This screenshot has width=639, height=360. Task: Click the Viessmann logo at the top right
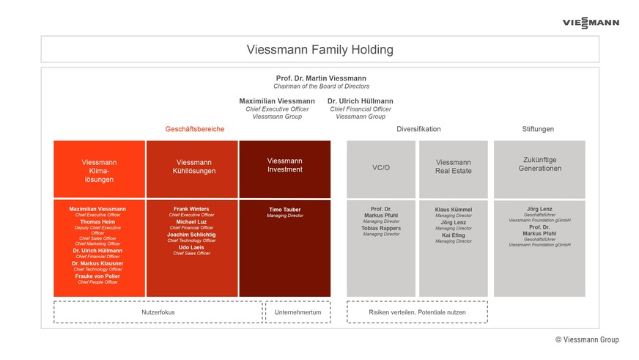[590, 23]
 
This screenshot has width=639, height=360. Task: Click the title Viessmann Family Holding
[319, 50]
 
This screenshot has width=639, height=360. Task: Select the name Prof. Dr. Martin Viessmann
[321, 78]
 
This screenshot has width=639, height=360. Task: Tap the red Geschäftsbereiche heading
[194, 129]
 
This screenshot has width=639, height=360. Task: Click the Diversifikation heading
[418, 129]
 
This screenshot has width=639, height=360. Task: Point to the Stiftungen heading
[538, 129]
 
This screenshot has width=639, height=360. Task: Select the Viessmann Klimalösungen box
[99, 170]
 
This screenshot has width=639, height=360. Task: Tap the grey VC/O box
[381, 168]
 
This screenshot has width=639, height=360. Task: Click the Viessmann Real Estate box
[453, 166]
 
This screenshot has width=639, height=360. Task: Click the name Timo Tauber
[284, 210]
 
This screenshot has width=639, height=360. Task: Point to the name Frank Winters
[191, 209]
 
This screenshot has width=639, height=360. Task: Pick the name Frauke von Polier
[97, 276]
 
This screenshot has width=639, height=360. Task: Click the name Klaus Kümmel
[453, 210]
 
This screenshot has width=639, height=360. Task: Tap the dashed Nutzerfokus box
[158, 312]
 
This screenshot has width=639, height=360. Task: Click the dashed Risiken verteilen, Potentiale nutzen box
[416, 312]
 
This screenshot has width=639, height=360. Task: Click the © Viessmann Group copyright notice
[586, 339]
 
